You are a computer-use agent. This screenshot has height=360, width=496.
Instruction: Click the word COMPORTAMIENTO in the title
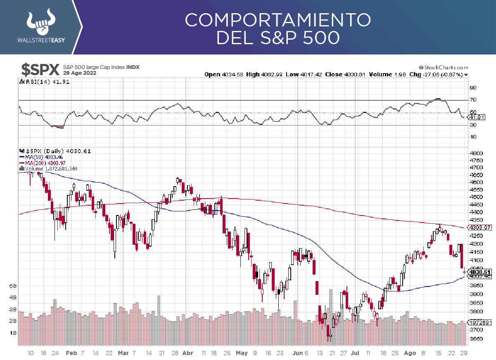(x=278, y=20)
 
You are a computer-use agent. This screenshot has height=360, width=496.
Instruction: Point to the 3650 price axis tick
(x=476, y=339)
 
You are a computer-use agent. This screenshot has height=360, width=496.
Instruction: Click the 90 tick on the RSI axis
(x=473, y=88)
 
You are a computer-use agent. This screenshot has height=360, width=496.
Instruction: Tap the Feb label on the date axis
(x=71, y=353)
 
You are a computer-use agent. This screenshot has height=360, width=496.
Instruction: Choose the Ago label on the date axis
(x=410, y=353)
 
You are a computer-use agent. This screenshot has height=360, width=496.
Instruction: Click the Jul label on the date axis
(x=355, y=353)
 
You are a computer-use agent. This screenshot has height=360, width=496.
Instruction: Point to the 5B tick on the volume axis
(x=13, y=285)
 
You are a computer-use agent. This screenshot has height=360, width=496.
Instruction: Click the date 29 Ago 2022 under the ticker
(x=80, y=73)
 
